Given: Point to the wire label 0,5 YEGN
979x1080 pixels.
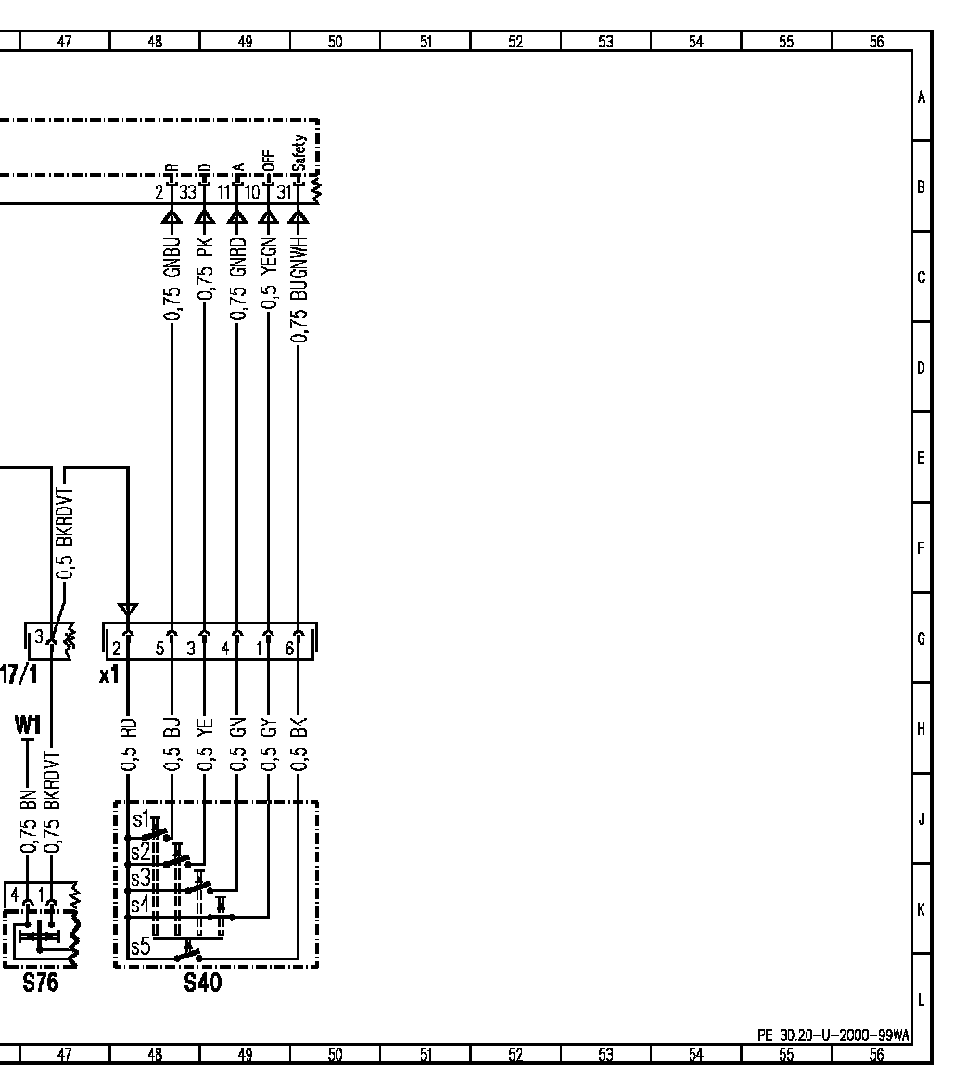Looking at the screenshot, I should (268, 270).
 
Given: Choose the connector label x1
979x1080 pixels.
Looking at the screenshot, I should (109, 675).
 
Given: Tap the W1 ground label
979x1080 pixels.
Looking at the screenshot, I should (28, 723).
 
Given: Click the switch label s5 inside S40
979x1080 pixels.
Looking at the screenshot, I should (139, 947).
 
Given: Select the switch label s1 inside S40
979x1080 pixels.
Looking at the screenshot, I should (140, 819).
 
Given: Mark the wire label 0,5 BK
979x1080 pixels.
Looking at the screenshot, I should (298, 745).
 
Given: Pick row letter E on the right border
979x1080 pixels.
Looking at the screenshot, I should (921, 457).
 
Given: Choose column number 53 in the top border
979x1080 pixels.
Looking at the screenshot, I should (605, 41).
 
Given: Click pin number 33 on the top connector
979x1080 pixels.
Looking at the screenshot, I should (188, 193).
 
